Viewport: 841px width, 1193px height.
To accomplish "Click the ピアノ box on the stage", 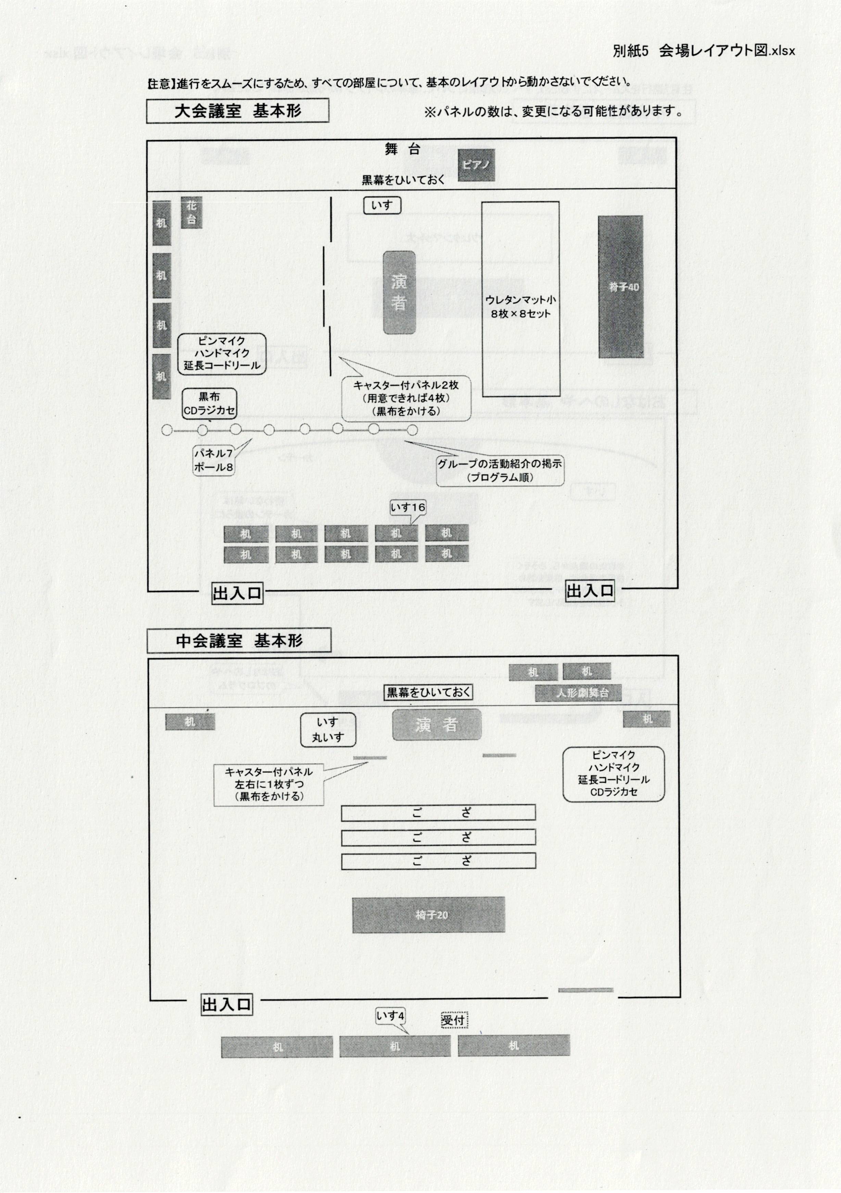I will tap(476, 165).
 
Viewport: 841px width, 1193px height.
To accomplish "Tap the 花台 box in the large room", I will tap(191, 212).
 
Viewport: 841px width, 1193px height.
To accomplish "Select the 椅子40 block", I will tap(621, 287).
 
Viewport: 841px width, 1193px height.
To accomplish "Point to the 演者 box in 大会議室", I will tap(399, 293).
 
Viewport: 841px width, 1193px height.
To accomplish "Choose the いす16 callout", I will tap(408, 507).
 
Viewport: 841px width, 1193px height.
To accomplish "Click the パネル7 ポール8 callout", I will tap(213, 460).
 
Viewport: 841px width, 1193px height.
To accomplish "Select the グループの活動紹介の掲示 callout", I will tap(500, 470).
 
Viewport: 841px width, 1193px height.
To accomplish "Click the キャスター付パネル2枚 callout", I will tap(406, 398).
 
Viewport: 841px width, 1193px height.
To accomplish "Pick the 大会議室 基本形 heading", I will tap(237, 111).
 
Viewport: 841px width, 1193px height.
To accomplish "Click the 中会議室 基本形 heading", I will tap(239, 641).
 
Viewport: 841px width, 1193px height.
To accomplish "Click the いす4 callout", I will tap(390, 1016).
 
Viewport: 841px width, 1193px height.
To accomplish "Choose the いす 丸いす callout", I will tap(328, 730).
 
